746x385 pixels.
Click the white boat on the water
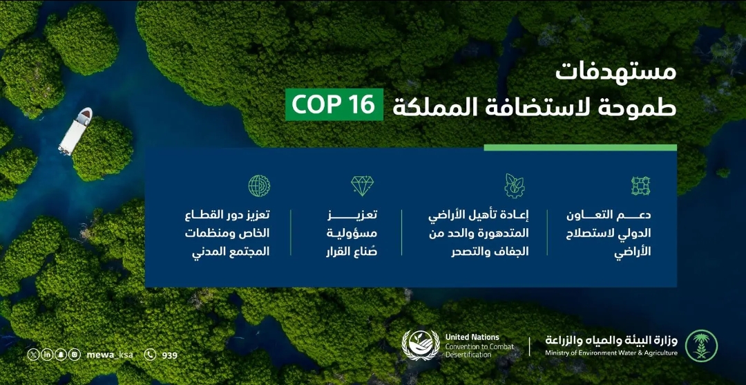(75, 130)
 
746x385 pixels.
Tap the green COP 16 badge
(334, 105)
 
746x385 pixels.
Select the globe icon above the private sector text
(259, 185)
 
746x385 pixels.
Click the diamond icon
(362, 185)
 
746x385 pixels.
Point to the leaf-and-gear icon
(515, 185)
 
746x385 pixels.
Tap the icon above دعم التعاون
(640, 185)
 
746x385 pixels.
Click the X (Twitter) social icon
(33, 355)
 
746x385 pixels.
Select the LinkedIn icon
(47, 355)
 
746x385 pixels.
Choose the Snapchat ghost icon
(61, 355)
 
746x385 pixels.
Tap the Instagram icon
(75, 355)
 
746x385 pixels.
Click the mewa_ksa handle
(109, 355)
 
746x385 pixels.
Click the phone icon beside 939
(150, 355)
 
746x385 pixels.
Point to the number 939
(169, 355)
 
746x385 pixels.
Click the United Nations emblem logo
(421, 345)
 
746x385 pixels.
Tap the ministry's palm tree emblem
(701, 346)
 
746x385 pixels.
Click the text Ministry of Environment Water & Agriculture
(611, 353)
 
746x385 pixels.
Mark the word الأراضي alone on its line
(632, 252)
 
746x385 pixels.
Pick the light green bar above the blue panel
(580, 147)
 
